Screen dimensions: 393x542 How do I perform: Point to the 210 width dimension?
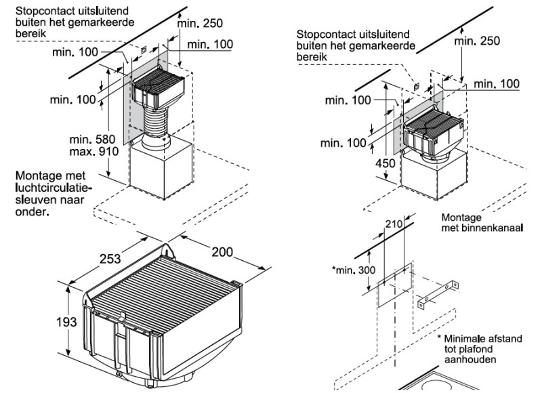(394, 223)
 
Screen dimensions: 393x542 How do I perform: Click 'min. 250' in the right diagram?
(477, 41)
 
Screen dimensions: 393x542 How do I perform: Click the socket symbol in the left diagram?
(143, 49)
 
